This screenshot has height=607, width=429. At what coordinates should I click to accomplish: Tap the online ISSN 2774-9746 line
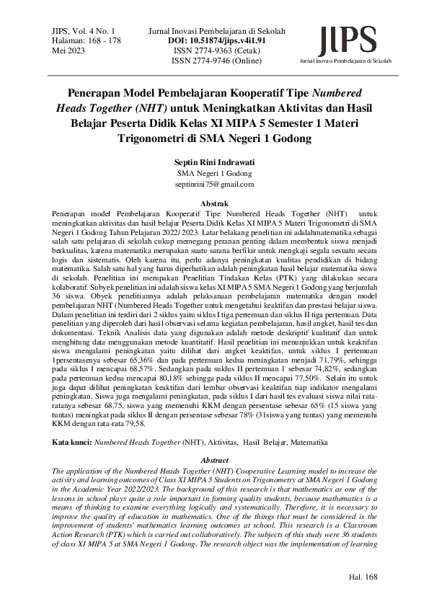click(x=216, y=61)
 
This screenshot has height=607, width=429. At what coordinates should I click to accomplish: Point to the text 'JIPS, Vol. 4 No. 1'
click(x=84, y=31)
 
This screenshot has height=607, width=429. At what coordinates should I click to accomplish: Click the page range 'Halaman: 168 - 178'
click(x=87, y=41)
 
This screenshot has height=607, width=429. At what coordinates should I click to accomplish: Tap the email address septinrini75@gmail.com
click(x=214, y=185)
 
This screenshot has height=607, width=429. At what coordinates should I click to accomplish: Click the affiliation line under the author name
click(x=214, y=174)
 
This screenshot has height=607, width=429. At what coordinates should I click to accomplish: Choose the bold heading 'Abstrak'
click(x=214, y=204)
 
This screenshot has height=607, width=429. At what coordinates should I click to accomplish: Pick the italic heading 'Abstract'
click(x=214, y=459)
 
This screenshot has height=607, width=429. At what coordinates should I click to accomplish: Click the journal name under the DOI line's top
click(x=216, y=31)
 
